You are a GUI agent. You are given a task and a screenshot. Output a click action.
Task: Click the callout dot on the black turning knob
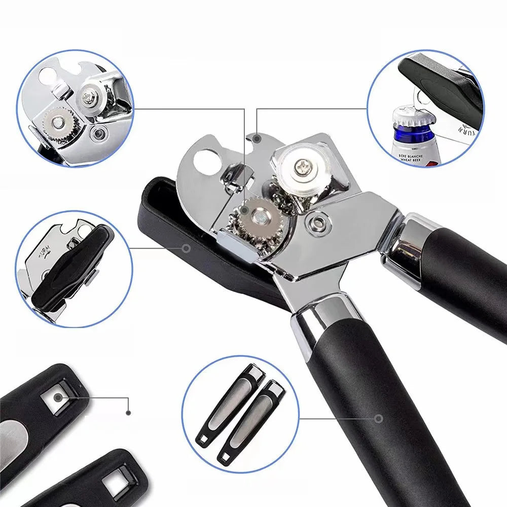(186, 248)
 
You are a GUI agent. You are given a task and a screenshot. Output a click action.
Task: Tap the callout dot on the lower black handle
(378, 418)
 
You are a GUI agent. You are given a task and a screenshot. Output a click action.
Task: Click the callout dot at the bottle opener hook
(257, 138)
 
